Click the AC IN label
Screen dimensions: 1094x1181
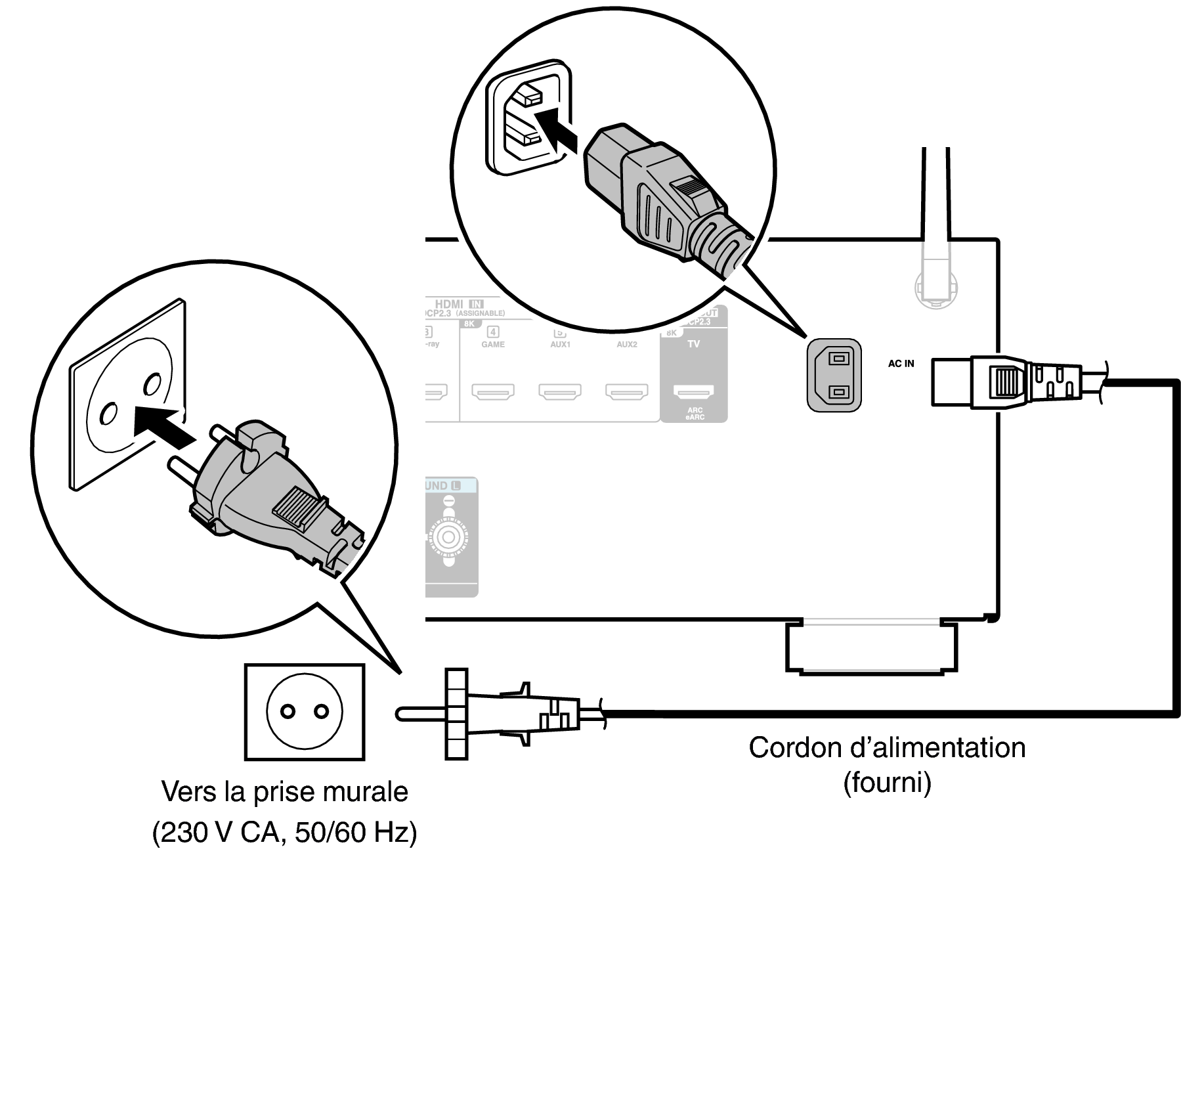(x=900, y=363)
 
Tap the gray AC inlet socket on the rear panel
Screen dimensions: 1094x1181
(x=833, y=376)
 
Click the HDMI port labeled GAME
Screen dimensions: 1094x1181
(x=492, y=392)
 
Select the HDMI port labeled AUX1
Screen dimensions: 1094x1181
(x=559, y=392)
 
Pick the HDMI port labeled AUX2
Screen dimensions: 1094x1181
(x=626, y=392)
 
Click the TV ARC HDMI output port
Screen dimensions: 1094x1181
(x=694, y=392)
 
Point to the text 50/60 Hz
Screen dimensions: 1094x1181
(x=356, y=833)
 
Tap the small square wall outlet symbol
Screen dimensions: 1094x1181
(x=304, y=712)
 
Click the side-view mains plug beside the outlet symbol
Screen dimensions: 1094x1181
(x=499, y=714)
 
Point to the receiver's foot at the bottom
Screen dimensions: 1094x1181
(x=871, y=647)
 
